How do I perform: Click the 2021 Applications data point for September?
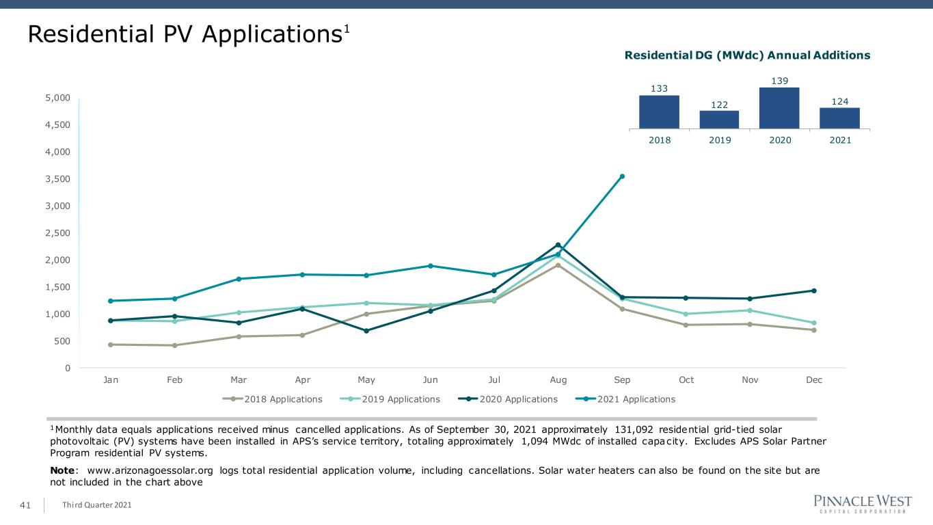click(x=622, y=176)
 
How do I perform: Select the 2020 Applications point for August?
click(x=558, y=245)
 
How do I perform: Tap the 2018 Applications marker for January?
click(x=110, y=345)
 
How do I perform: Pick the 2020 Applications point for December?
click(x=814, y=291)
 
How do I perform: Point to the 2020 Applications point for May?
click(x=366, y=331)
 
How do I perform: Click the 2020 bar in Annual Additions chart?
click(x=779, y=108)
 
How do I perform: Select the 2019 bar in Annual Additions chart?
click(x=719, y=120)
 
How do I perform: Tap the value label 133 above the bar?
click(x=659, y=88)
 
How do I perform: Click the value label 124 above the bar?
click(x=839, y=101)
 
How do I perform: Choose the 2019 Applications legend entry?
click(x=390, y=399)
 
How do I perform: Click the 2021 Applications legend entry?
click(x=625, y=399)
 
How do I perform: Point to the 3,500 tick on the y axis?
click(x=57, y=178)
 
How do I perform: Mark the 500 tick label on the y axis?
click(x=62, y=341)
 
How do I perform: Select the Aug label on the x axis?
click(x=558, y=380)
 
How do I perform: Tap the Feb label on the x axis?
click(x=174, y=379)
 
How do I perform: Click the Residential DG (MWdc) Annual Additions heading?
click(x=747, y=55)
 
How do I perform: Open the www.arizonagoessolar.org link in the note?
click(x=150, y=470)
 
